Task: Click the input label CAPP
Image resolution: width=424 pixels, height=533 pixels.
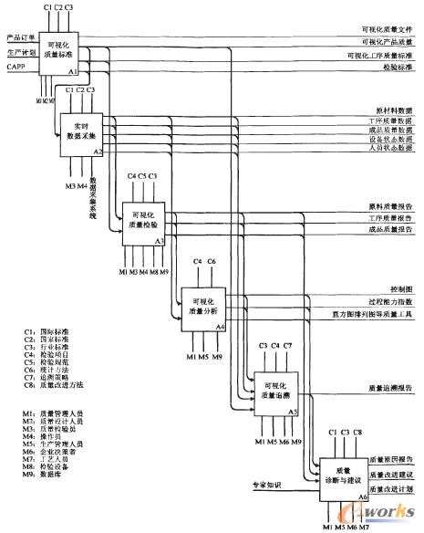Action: click(15, 67)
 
